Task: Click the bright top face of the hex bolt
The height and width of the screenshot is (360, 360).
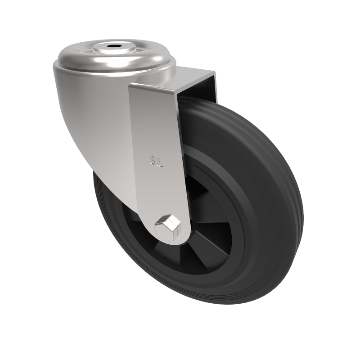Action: coord(167,221)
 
